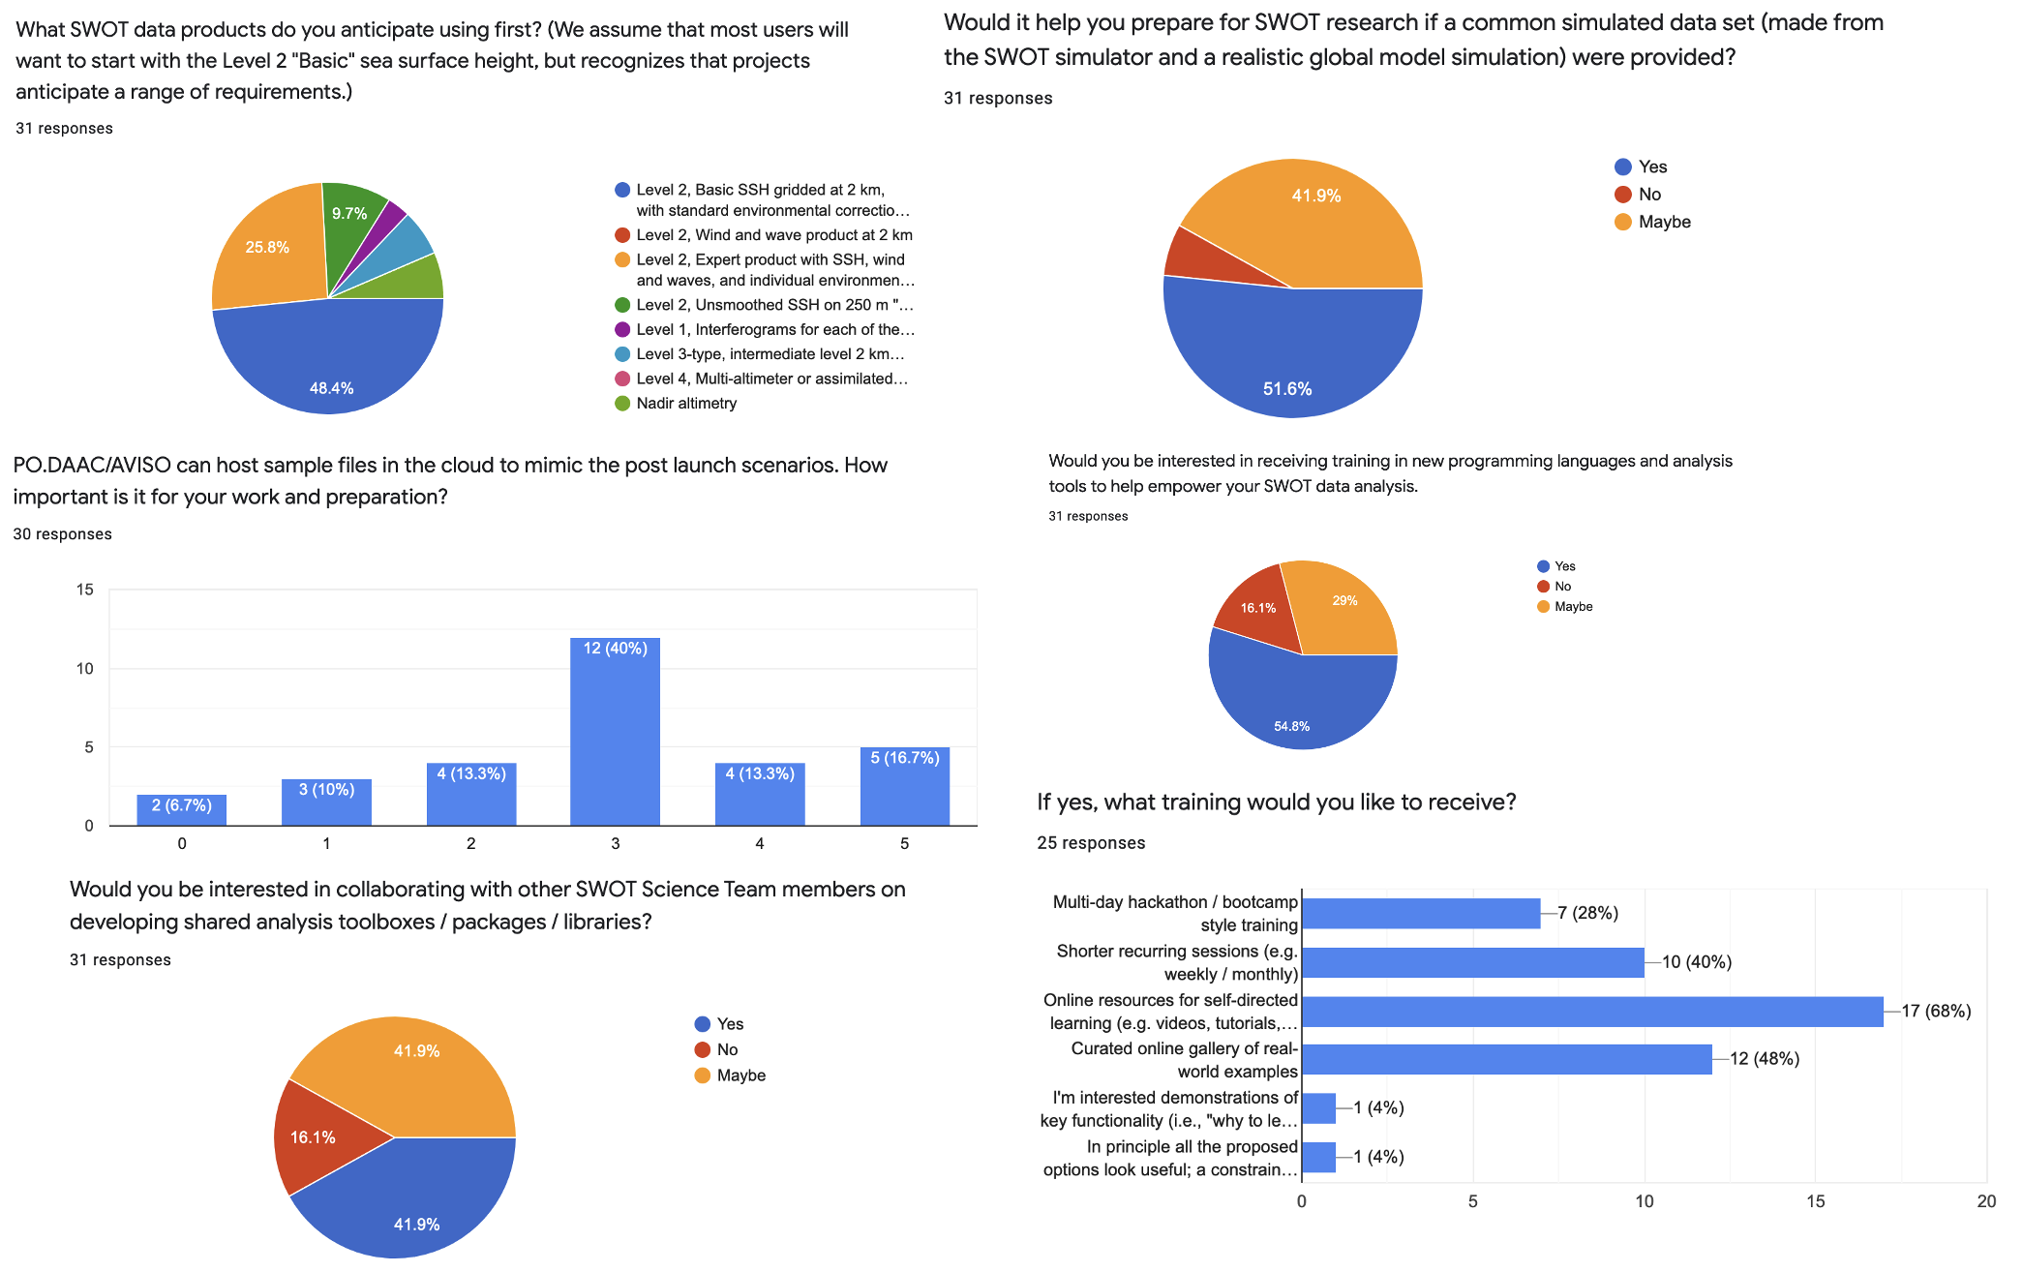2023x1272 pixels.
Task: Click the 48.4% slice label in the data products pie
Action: coord(331,388)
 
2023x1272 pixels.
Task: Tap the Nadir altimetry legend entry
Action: coord(685,404)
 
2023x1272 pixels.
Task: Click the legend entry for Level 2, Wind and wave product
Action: coord(773,235)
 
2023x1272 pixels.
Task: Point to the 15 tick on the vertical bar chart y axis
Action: coord(85,590)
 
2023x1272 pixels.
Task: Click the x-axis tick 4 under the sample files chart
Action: coord(760,844)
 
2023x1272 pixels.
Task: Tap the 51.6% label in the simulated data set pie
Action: coord(1287,389)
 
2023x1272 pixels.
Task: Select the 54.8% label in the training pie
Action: coord(1291,726)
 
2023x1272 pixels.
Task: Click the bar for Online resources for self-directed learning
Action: coord(1591,1012)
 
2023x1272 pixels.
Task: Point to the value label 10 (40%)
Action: coord(1697,962)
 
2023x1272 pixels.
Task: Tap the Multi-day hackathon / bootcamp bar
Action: coord(1420,913)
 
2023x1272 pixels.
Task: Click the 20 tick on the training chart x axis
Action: coord(1986,1201)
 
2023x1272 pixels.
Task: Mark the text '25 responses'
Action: coord(1091,843)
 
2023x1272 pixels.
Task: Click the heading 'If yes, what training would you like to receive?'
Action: coord(1276,802)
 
